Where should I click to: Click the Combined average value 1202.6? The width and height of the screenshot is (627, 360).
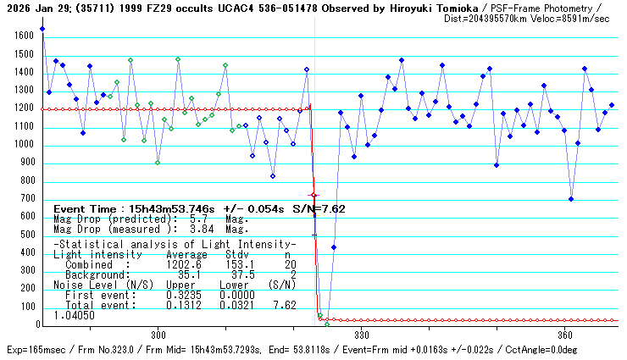[187, 264]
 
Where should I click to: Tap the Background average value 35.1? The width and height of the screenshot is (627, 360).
[190, 274]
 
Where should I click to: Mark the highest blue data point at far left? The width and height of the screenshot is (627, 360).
[42, 29]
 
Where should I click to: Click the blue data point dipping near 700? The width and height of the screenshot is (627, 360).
[571, 199]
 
